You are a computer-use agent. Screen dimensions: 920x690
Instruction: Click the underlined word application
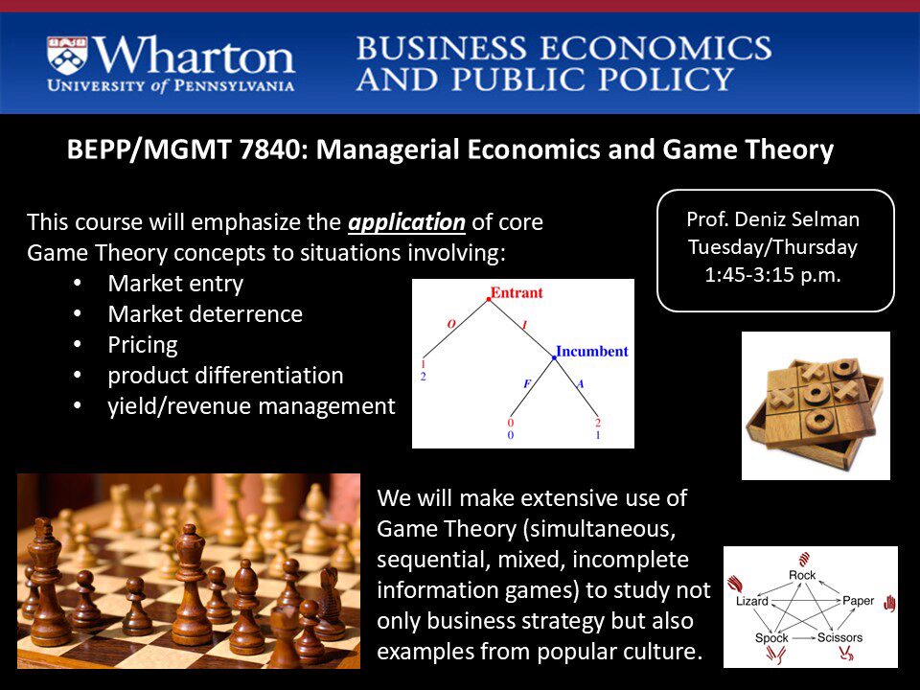click(406, 223)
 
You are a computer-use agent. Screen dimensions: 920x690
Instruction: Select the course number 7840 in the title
click(269, 149)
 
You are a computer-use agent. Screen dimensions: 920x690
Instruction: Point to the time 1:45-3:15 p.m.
click(772, 275)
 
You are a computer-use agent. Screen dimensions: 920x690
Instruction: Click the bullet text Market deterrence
click(205, 314)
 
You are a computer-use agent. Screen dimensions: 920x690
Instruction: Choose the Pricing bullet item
click(143, 345)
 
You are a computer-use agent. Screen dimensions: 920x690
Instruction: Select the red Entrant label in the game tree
click(517, 292)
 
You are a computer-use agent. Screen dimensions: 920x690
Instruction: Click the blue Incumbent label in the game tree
click(592, 351)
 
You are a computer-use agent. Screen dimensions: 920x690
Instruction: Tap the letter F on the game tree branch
click(527, 383)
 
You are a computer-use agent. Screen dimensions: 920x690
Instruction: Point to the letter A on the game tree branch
click(581, 383)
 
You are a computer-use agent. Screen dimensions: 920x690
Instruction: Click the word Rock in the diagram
click(802, 575)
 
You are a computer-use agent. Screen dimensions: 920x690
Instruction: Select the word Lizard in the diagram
click(752, 601)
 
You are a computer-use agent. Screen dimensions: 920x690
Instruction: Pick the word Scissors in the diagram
click(839, 637)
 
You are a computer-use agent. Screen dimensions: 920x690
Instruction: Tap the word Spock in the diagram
click(771, 638)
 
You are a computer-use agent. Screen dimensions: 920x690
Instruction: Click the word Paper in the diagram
click(858, 600)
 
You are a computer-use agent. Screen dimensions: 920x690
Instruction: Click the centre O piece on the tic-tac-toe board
click(816, 394)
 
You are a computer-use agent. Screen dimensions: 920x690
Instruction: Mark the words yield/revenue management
click(252, 406)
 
